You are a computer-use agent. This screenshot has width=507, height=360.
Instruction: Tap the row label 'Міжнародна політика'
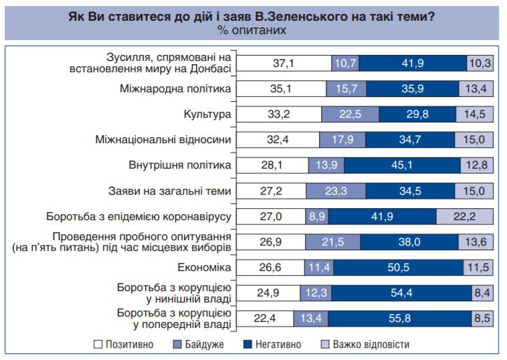(x=175, y=89)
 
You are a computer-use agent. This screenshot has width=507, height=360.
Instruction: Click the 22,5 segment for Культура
(x=350, y=114)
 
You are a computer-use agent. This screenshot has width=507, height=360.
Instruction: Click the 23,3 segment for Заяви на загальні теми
(x=336, y=191)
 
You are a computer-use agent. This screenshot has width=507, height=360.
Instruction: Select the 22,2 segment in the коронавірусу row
(x=464, y=216)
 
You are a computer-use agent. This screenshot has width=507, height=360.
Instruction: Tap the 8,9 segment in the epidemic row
(x=318, y=216)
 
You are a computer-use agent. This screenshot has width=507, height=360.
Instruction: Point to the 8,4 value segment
(x=482, y=293)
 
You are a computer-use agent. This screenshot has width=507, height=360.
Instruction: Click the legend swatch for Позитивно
(x=98, y=345)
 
